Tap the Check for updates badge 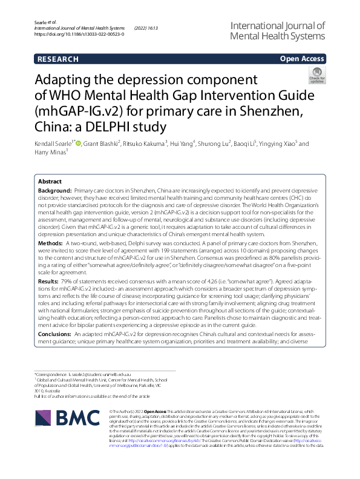[316, 76]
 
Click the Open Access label [302, 59]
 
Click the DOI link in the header [80, 35]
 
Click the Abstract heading [50, 182]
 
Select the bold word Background [55, 190]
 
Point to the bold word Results [49, 282]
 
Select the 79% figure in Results [68, 282]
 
